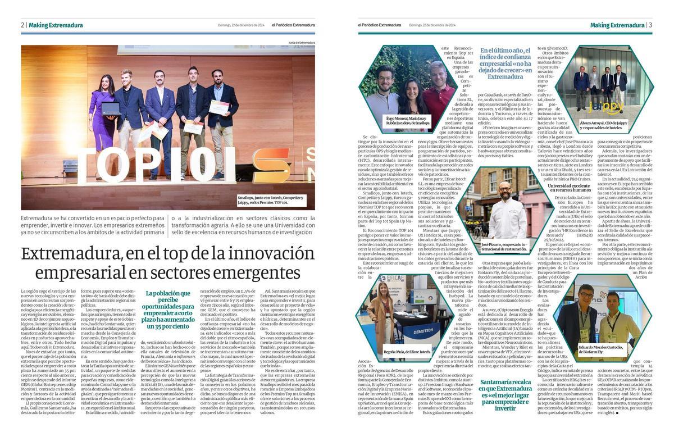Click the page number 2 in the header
(22, 25)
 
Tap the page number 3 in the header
(650, 25)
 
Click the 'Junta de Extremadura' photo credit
(302, 42)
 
